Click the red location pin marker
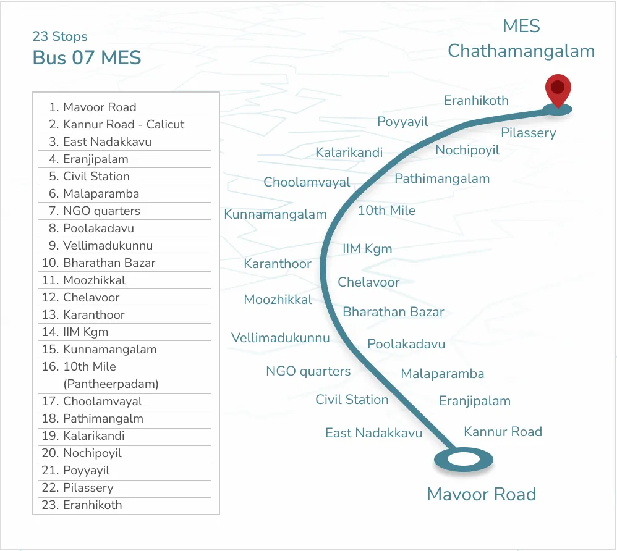click(558, 91)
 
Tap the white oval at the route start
click(464, 460)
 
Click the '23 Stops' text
click(60, 36)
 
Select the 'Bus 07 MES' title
click(87, 58)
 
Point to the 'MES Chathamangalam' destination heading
click(521, 39)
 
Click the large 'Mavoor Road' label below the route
click(481, 494)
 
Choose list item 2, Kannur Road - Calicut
click(124, 124)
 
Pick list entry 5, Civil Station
click(96, 176)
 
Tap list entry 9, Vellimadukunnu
click(108, 245)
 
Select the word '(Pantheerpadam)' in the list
click(111, 384)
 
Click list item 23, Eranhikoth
click(92, 505)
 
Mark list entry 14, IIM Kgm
click(85, 332)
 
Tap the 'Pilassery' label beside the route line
click(528, 133)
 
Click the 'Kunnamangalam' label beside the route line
click(275, 215)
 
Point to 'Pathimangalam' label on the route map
click(442, 179)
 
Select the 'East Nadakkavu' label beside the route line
click(373, 433)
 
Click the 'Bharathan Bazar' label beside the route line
click(393, 312)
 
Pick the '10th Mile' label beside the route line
click(386, 211)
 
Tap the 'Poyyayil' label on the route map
click(402, 122)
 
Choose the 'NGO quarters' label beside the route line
click(308, 371)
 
